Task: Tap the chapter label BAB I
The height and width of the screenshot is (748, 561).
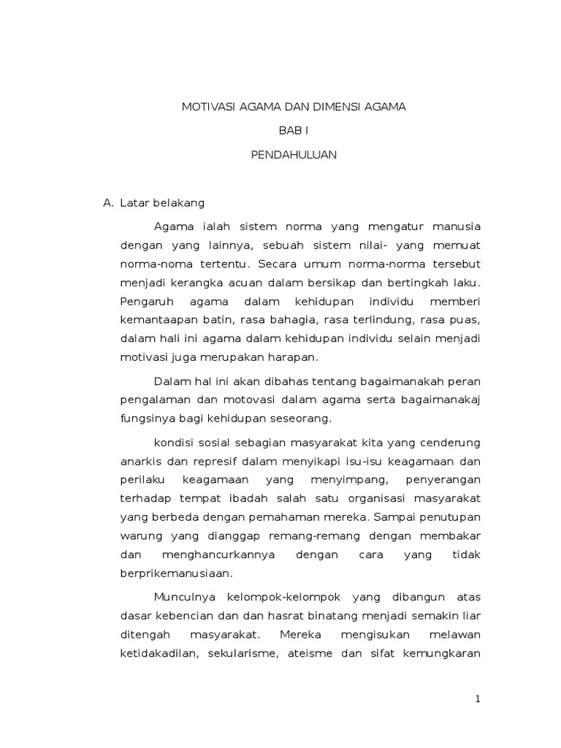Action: click(x=293, y=131)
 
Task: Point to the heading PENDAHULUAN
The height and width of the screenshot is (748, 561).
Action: click(x=293, y=156)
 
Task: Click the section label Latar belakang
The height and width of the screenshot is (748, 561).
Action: click(x=167, y=202)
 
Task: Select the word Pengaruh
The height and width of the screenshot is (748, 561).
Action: click(x=143, y=301)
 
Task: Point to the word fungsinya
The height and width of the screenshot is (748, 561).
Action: click(x=143, y=419)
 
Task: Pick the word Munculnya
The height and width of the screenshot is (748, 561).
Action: click(x=180, y=597)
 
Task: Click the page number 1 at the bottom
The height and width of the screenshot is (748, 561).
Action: click(x=478, y=700)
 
